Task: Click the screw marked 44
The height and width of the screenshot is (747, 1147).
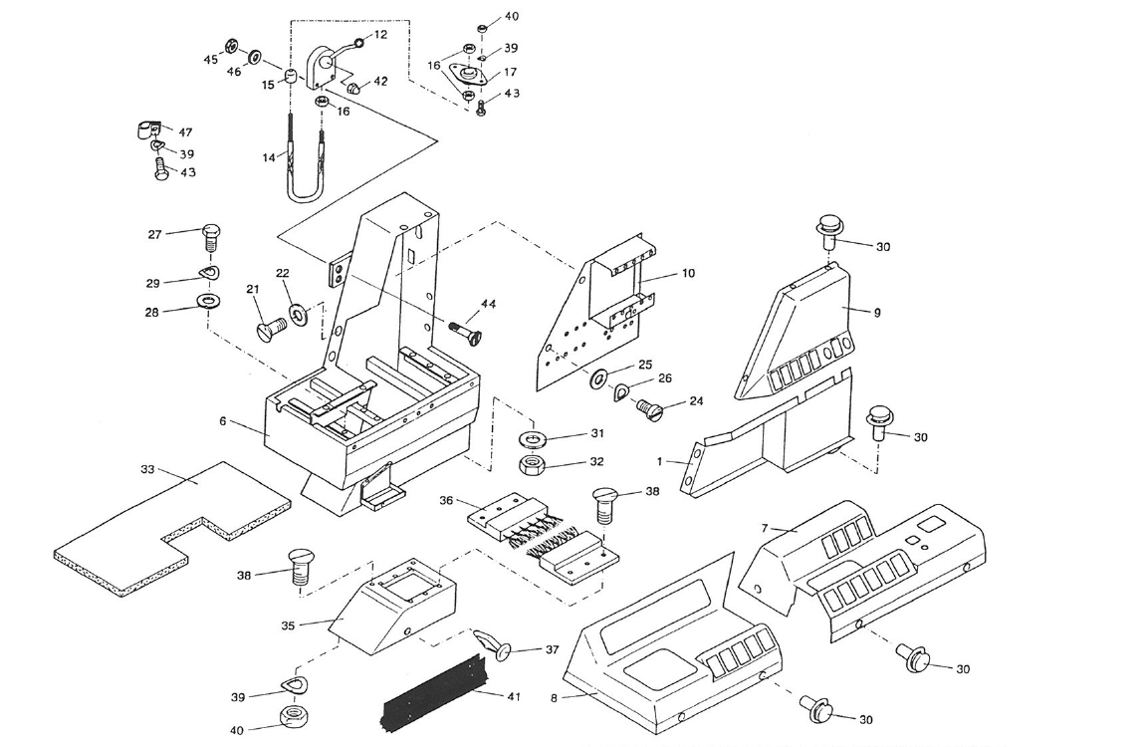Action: (x=465, y=329)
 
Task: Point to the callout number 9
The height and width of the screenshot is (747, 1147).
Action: (x=877, y=312)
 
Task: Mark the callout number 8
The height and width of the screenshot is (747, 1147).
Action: (x=554, y=698)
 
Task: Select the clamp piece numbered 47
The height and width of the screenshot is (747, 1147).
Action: (x=144, y=129)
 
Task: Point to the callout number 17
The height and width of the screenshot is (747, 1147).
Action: (x=510, y=72)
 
